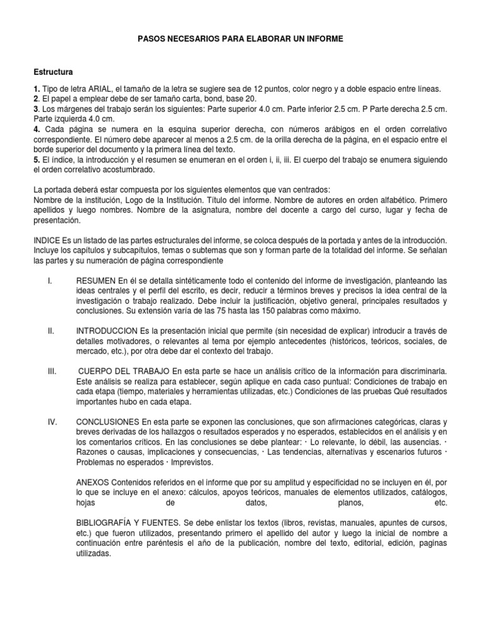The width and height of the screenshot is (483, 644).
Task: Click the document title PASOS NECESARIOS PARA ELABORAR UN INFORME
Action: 241,39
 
